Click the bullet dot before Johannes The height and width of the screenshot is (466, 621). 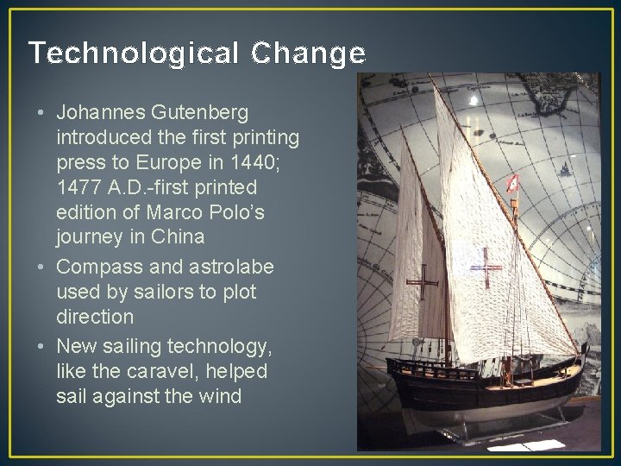(41, 113)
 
